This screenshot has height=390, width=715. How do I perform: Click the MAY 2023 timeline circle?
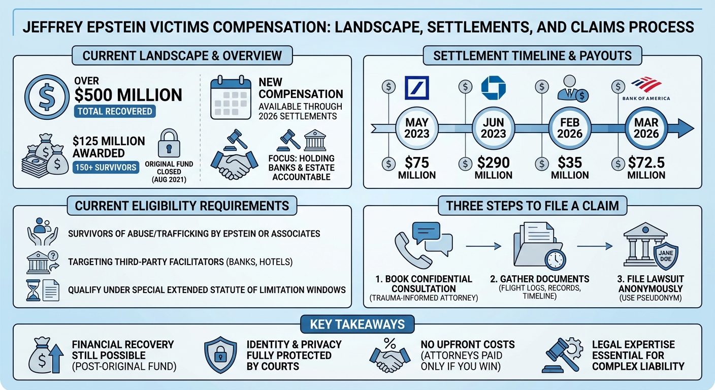[x=416, y=128]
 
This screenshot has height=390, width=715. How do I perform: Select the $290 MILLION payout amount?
[x=493, y=168]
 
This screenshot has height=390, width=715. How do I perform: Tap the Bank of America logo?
[x=645, y=88]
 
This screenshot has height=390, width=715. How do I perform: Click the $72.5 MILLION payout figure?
[x=646, y=168]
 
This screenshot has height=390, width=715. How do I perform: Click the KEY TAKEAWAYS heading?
[x=357, y=324]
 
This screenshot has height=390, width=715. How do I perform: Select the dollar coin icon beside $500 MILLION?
[x=46, y=97]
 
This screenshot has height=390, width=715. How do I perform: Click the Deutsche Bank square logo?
[x=416, y=88]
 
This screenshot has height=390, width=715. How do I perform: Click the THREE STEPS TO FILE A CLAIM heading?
[x=532, y=205]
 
